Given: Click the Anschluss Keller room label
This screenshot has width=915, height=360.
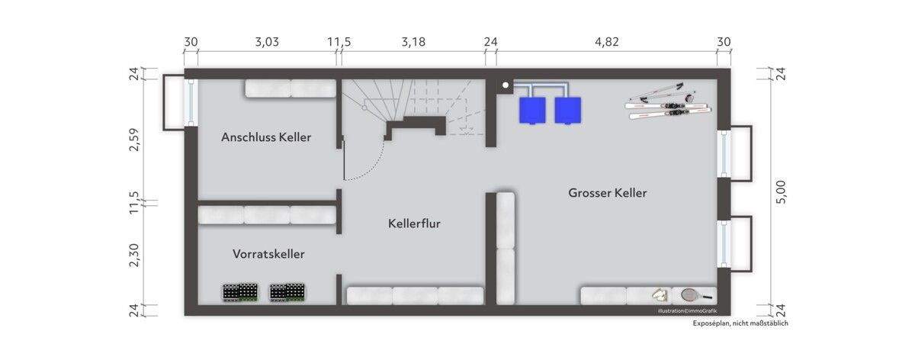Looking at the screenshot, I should point(266,137).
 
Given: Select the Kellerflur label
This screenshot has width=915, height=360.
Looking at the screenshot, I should point(414,223).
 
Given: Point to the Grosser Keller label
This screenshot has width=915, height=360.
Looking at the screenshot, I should point(607,193).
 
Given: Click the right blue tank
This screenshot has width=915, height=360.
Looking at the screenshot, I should point(567,110).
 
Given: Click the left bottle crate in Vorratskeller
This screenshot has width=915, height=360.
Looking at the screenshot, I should point(239,293).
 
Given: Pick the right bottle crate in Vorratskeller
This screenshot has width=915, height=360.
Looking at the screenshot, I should point(288,293).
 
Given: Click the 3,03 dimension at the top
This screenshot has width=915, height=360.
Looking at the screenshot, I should point(266,42).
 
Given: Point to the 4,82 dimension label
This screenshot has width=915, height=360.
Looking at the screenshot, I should point(606,42).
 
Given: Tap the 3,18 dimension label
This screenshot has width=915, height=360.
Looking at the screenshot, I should point(413,42).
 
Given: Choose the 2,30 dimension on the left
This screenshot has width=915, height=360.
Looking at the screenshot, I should point(134,254).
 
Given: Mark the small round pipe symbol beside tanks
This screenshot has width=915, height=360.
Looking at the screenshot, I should point(505,85).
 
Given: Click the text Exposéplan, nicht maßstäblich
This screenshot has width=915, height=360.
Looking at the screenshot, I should point(740,323).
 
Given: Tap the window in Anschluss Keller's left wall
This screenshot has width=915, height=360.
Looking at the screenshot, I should point(191,102).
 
